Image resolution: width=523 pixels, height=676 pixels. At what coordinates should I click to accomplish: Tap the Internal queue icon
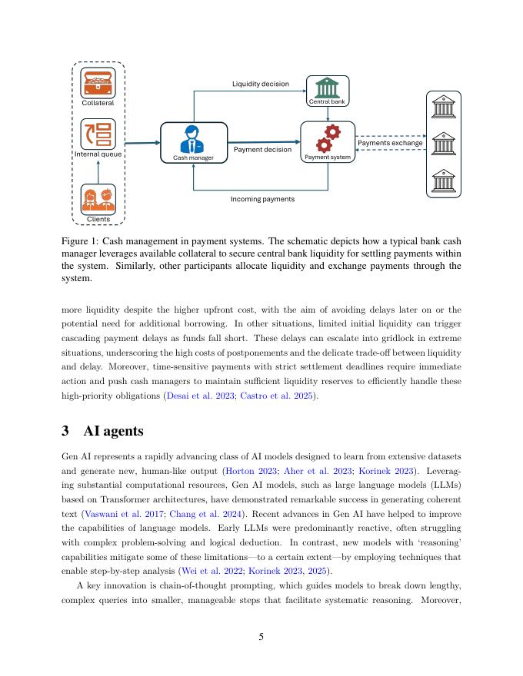(x=98, y=133)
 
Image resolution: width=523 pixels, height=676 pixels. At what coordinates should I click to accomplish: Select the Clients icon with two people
(x=98, y=199)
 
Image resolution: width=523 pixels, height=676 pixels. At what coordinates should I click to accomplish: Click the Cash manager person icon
(x=192, y=139)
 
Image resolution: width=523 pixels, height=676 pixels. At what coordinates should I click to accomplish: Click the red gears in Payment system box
(x=328, y=138)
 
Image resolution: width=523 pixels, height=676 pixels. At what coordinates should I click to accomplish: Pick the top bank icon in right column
(x=444, y=106)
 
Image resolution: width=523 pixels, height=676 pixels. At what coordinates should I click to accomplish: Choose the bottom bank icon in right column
(x=444, y=181)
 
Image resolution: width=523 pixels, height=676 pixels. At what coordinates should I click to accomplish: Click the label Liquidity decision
(x=261, y=84)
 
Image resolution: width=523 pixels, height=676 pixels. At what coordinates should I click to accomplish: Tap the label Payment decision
(x=262, y=150)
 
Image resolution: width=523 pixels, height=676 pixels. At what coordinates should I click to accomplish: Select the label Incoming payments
(x=262, y=199)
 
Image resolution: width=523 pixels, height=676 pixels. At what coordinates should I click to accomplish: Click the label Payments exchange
(x=390, y=143)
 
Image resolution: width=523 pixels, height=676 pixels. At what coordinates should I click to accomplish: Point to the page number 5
(x=261, y=635)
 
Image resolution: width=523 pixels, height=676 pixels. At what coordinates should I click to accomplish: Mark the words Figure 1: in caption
(x=79, y=240)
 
